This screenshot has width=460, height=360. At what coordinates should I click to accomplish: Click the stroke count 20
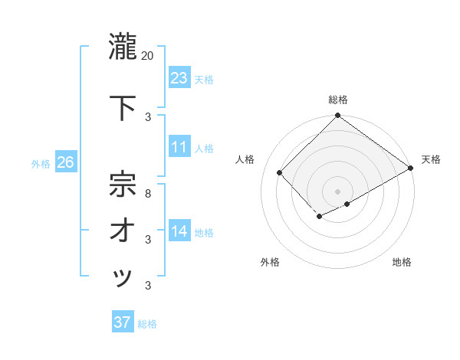tap(148, 56)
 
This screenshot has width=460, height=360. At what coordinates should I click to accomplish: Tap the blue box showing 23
tap(179, 78)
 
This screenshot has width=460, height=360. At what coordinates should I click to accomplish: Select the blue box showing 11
tap(179, 147)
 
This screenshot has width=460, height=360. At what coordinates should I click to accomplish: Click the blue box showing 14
tap(179, 231)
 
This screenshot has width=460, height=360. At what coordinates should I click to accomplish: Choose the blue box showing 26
tap(65, 162)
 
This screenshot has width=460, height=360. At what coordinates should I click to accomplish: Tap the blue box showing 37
tap(123, 322)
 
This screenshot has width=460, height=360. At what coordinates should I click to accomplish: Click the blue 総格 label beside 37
tap(147, 324)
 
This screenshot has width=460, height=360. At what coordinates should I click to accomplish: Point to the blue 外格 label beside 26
tap(41, 163)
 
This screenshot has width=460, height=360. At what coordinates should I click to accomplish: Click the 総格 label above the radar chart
tap(337, 100)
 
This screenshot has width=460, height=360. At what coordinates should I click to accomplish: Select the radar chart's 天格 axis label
tap(431, 159)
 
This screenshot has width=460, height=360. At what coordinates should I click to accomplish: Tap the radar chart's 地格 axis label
tap(402, 262)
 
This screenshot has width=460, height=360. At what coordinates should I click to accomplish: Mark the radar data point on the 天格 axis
tap(412, 169)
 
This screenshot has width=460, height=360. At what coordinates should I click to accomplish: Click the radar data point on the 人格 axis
tap(280, 172)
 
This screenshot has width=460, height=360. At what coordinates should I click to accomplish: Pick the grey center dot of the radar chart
tap(337, 190)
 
